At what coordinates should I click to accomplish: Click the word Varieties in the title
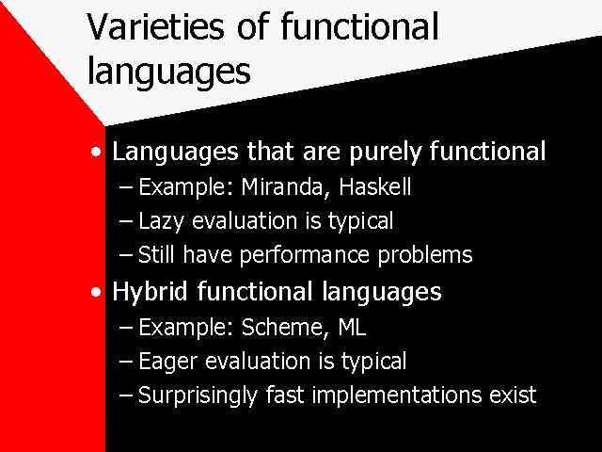click(x=155, y=26)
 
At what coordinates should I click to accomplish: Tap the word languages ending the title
click(x=169, y=72)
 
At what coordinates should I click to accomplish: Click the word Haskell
click(x=375, y=186)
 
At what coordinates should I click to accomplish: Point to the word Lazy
click(x=161, y=222)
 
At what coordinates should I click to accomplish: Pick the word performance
click(x=304, y=255)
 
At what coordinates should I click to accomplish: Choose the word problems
click(x=425, y=255)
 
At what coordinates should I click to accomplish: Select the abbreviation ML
click(x=352, y=327)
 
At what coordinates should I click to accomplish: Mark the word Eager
click(x=167, y=362)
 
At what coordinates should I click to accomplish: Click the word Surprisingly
click(x=198, y=395)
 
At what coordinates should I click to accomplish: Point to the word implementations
click(x=395, y=395)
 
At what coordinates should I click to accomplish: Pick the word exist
click(x=513, y=395)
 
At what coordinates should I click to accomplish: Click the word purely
click(x=385, y=152)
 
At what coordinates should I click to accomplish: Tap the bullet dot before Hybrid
click(x=96, y=293)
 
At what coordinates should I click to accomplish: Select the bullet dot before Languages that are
click(x=96, y=152)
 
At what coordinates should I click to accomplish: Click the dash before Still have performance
click(x=126, y=255)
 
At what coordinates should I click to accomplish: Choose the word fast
click(x=285, y=395)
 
